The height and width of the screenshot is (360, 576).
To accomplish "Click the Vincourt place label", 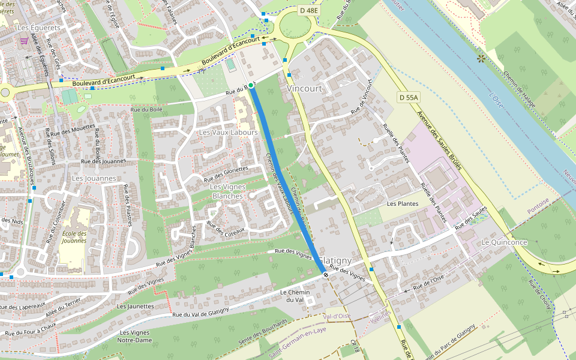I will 304,88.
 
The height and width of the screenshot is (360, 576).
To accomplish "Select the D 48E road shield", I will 308,10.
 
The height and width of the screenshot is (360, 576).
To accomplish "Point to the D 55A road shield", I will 408,97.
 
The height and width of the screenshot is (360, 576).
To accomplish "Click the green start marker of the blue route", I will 251,86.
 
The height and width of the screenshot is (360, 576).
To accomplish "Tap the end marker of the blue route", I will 325,275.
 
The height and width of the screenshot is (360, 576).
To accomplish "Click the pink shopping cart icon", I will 23,41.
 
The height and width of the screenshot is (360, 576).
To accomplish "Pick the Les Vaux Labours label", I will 227,132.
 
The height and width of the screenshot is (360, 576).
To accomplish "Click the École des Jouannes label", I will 74,238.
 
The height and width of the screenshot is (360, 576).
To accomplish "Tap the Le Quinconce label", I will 504,242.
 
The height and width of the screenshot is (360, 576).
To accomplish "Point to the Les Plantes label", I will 402,203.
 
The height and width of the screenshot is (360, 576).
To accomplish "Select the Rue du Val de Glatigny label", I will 200,313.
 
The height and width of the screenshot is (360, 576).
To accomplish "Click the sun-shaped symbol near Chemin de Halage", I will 481,59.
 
